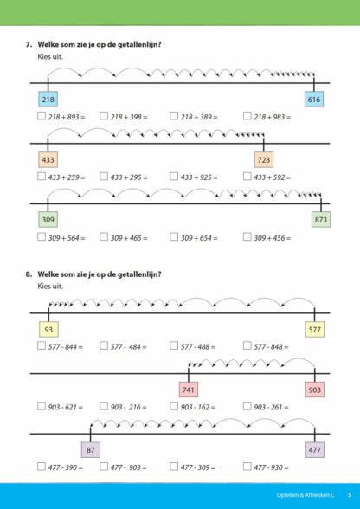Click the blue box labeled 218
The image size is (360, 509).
click(x=48, y=100)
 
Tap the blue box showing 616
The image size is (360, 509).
click(x=314, y=100)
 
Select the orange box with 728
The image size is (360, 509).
click(x=264, y=159)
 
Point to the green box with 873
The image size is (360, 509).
click(x=321, y=220)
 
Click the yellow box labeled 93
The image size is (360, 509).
click(x=48, y=330)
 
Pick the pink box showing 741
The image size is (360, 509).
click(x=189, y=390)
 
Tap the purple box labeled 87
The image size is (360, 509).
click(x=90, y=450)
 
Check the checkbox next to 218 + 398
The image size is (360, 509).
click(x=104, y=116)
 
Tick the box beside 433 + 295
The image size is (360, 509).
click(x=104, y=177)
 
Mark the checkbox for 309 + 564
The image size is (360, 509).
click(x=42, y=237)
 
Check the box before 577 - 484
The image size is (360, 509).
click(x=104, y=345)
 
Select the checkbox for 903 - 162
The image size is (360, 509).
click(x=174, y=406)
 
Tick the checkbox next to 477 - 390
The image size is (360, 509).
click(x=42, y=467)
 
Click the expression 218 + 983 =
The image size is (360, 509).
click(x=273, y=117)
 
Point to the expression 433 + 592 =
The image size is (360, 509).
click(x=273, y=177)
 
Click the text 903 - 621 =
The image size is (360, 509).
click(x=66, y=407)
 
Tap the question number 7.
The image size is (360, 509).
click(x=29, y=44)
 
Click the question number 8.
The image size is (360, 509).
click(x=29, y=274)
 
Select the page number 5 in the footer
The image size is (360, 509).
click(x=350, y=495)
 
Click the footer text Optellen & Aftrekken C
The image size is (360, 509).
click(x=305, y=495)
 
